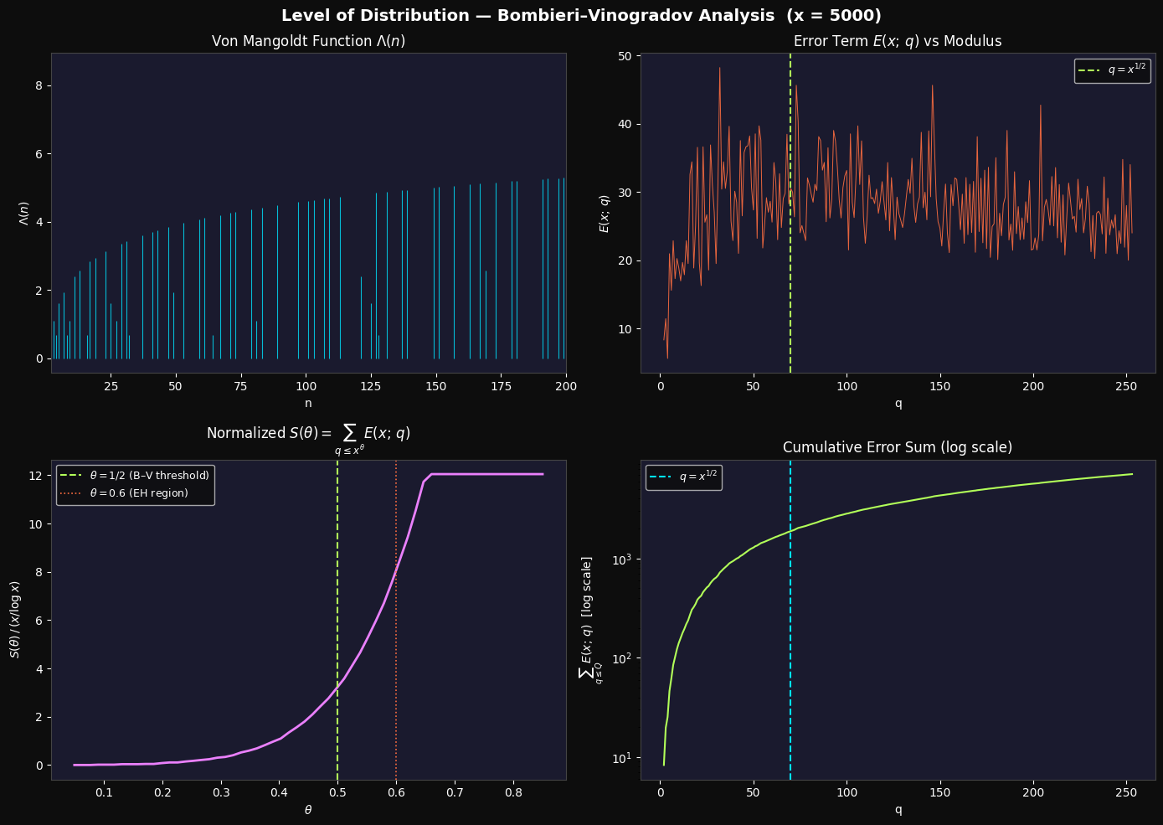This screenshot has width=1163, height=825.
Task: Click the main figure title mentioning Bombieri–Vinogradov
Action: tap(581, 16)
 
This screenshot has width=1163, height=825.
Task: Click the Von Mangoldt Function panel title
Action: tap(308, 41)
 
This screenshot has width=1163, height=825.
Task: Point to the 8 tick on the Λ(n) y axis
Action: tap(39, 86)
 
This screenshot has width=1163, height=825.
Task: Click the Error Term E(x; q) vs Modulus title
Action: tap(898, 41)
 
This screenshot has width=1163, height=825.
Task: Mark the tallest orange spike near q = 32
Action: tap(719, 69)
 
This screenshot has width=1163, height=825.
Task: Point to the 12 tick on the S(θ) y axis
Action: tap(36, 476)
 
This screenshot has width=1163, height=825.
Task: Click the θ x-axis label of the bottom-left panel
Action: tap(308, 810)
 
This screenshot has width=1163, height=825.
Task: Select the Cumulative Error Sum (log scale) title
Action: tap(898, 448)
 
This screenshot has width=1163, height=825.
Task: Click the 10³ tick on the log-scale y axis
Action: tap(631, 559)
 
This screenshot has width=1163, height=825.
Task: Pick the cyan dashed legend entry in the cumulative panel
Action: tap(683, 477)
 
